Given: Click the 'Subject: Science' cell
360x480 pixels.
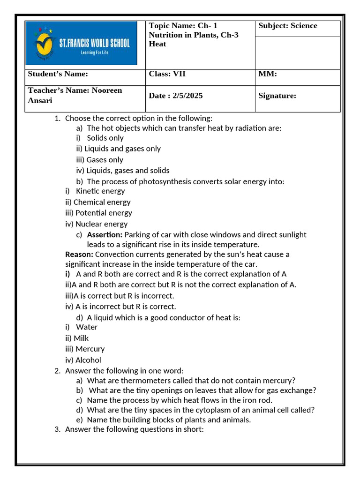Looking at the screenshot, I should (x=287, y=26).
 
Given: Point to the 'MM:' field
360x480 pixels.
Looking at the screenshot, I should (x=268, y=74).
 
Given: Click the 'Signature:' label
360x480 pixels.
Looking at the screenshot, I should (x=277, y=96).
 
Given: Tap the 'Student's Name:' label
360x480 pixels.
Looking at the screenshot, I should (x=58, y=74).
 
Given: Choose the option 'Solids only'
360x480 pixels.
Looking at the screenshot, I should (x=105, y=138).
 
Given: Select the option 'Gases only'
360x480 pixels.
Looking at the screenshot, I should (x=105, y=160).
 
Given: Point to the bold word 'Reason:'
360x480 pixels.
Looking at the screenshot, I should (x=79, y=254).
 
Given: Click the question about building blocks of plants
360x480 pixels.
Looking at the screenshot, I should (x=169, y=420).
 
